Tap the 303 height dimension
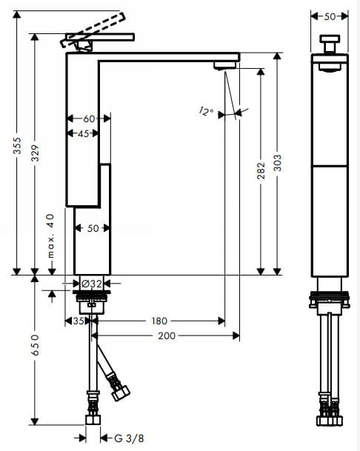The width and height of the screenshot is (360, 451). click(277, 163)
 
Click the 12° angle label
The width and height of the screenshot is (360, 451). click(206, 112)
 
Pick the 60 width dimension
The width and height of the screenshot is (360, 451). click(89, 118)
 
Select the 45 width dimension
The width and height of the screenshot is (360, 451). click(83, 133)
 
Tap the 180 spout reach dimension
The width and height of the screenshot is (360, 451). click(159, 321)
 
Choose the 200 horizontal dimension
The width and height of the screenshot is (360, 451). click(167, 335)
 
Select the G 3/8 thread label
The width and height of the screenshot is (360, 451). click(129, 438)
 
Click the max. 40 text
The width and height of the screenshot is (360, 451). click(51, 235)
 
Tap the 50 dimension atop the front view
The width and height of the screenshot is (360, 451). click(330, 16)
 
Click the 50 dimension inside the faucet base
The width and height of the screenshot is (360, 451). click(93, 228)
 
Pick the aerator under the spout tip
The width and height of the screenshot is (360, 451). click(221, 67)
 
